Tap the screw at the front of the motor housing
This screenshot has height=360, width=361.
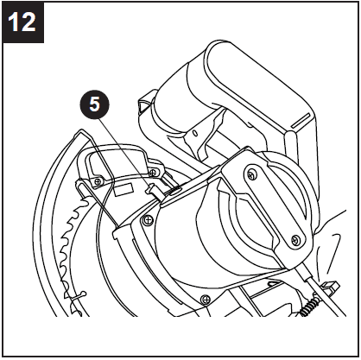click(148, 219)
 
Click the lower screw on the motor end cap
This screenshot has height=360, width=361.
click(296, 239)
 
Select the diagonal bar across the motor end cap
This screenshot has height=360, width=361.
click(272, 207)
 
